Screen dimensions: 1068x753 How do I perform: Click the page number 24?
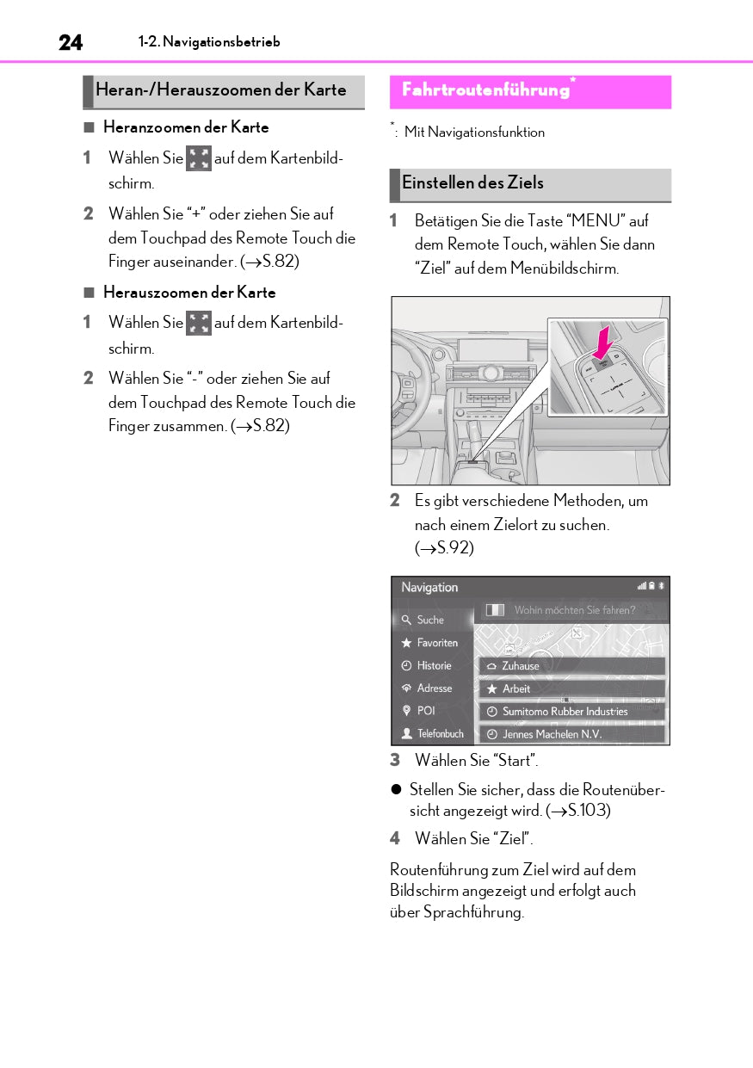coord(71,42)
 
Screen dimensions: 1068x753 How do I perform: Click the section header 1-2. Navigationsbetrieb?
coord(209,42)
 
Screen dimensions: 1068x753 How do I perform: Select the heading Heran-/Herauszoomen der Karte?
coord(221,90)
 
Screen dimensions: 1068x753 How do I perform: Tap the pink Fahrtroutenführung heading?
coord(485,90)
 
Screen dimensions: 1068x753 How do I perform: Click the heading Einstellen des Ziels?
coord(472,182)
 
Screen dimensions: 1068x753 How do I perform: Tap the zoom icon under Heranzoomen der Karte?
coord(199,158)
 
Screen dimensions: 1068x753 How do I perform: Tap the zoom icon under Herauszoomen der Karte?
coord(199,323)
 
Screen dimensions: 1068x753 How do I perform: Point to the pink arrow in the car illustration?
coord(605,341)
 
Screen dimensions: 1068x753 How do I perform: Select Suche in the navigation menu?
coord(431,620)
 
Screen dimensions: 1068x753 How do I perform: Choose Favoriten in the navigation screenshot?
coord(437,643)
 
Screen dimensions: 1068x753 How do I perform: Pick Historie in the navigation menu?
coord(434,665)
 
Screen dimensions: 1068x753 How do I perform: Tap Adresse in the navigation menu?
coord(434,688)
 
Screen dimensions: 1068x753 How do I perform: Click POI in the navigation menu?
coord(426,711)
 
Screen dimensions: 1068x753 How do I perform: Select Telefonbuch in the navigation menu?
coord(440,734)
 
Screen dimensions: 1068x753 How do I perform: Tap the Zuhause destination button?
coord(571,666)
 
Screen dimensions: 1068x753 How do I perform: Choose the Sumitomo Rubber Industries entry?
coord(571,712)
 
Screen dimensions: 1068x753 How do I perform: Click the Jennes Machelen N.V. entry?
coord(571,734)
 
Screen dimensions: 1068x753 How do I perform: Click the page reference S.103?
coord(589,811)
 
